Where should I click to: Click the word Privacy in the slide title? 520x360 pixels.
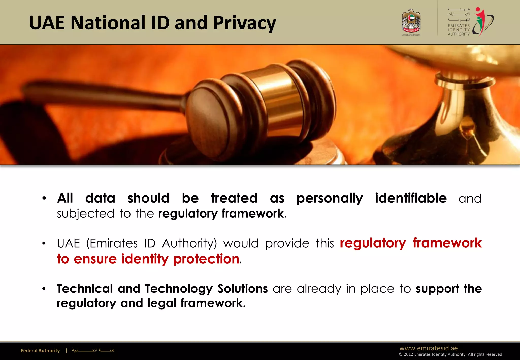pos(244,23)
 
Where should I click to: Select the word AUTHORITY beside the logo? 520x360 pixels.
pos(459,34)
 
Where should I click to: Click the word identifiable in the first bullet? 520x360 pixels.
pos(411,198)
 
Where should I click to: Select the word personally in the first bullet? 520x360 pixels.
pos(330,198)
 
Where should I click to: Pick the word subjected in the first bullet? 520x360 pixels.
pos(86,214)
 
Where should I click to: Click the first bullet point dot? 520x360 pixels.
pos(44,198)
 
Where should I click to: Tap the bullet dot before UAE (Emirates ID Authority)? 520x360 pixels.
pos(44,243)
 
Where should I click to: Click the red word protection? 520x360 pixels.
pos(206,259)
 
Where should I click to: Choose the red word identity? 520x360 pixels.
pos(144,259)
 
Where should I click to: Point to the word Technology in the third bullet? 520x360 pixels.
pos(178,289)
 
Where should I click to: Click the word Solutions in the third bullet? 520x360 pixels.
pos(242,289)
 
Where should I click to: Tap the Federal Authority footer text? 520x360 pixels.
pos(40,351)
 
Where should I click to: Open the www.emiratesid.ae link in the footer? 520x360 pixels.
pos(428,348)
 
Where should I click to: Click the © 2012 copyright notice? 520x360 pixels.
pos(450,354)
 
